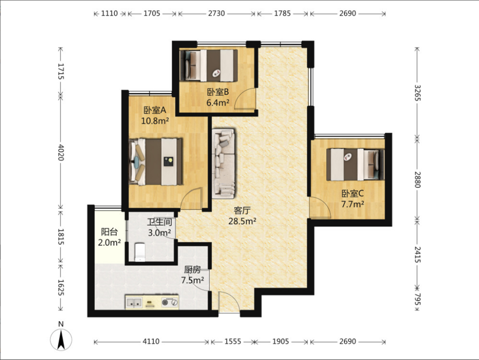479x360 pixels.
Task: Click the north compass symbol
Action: click(61, 337)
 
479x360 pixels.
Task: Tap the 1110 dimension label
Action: click(110, 14)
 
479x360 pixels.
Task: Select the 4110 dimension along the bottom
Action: click(151, 341)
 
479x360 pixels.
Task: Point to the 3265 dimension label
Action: click(417, 93)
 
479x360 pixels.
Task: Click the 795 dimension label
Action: click(417, 299)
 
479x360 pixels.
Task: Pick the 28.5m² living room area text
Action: click(242, 221)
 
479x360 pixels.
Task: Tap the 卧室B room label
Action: click(218, 92)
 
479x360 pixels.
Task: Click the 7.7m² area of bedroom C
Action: click(353, 204)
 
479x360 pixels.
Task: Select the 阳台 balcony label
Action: click(109, 232)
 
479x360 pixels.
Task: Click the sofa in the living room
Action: click(223, 164)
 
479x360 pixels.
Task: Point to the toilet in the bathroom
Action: click(140, 252)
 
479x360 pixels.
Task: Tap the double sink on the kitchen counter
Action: click(134, 303)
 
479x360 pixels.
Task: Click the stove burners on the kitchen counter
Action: click(170, 302)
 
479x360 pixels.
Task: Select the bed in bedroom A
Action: click(155, 162)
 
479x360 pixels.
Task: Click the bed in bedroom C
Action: click(355, 165)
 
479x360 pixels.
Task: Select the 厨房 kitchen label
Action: click(192, 270)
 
